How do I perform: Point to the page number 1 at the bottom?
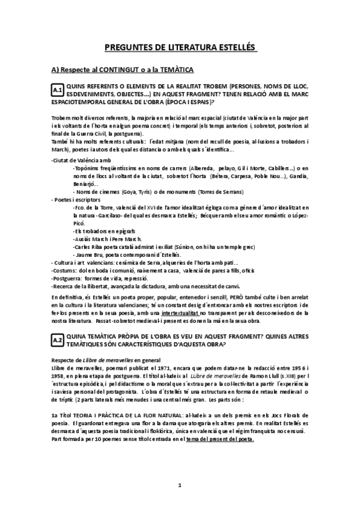click(180, 485)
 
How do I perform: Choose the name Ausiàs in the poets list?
click(84, 239)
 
